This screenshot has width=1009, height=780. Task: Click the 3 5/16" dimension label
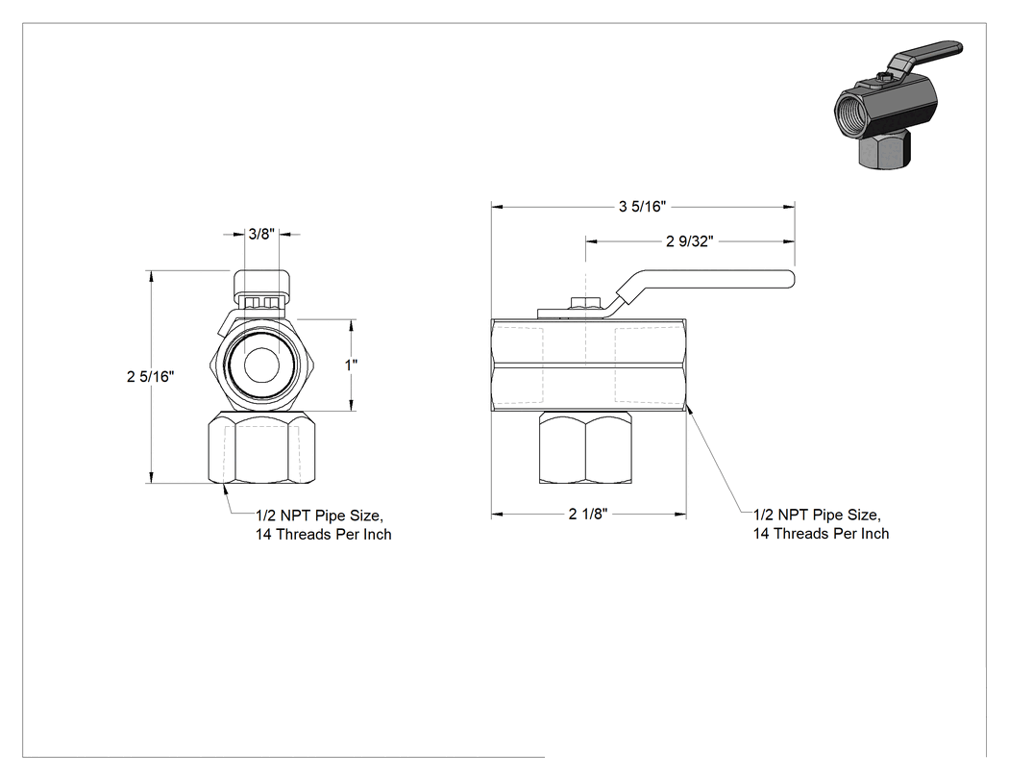pos(642,206)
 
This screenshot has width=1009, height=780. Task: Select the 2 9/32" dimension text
pos(690,241)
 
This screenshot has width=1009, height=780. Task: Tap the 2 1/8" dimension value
pos(588,514)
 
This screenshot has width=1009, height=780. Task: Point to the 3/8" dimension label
pos(262,234)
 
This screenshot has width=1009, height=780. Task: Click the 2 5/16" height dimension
pos(151,376)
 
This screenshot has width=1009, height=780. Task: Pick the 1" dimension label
pos(352,365)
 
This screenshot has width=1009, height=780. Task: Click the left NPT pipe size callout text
pos(323,525)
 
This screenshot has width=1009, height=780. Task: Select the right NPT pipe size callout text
pos(821,524)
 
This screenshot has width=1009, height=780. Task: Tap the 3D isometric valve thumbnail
pos(898,105)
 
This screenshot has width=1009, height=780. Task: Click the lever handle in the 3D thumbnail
pos(926,57)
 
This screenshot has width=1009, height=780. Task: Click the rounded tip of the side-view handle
pos(791,279)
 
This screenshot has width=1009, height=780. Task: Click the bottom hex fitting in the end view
pos(262,447)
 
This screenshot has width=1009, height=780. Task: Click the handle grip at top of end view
pos(262,282)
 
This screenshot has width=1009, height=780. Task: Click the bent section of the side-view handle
pos(618,296)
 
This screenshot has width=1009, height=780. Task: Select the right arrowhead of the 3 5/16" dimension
pos(789,207)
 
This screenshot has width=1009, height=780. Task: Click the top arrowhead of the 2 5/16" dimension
pos(151,276)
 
